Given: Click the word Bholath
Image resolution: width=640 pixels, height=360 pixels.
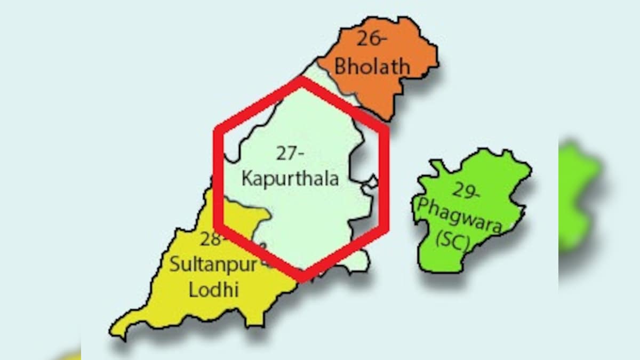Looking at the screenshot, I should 372,67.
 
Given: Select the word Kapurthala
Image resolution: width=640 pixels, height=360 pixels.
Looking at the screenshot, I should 290,178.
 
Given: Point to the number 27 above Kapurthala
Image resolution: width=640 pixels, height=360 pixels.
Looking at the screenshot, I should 290,153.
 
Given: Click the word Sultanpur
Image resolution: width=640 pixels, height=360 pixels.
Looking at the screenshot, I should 213,265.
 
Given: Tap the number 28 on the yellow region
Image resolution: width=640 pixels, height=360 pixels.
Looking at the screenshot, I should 211,239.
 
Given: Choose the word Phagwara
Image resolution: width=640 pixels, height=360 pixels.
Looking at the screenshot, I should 460,216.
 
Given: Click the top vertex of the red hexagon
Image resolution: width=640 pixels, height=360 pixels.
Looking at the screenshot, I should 302,79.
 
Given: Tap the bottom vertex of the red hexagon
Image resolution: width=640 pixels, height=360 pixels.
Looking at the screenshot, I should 302,278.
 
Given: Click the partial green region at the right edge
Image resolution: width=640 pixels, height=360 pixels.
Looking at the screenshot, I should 579,197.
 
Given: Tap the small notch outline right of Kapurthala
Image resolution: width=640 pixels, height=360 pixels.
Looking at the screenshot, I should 370,184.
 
